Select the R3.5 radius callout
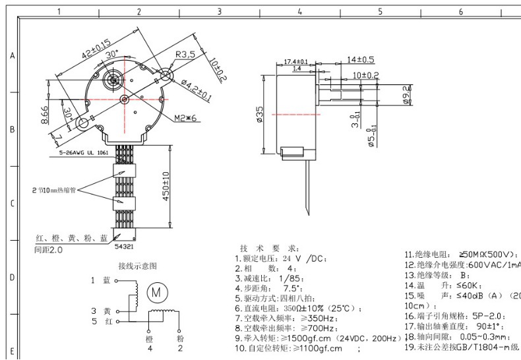(x=185, y=54)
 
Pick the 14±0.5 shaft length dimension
(x=360, y=59)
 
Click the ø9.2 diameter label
(x=407, y=96)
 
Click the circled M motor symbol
(x=157, y=289)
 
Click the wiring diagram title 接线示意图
(x=137, y=266)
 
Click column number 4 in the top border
(x=299, y=11)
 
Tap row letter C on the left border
(x=11, y=204)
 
